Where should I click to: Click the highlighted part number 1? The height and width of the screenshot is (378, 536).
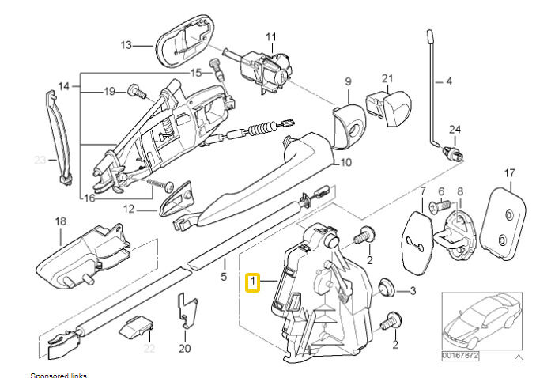click(x=253, y=281)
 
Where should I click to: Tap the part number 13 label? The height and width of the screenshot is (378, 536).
click(x=126, y=45)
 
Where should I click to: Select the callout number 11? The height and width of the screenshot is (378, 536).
click(x=271, y=37)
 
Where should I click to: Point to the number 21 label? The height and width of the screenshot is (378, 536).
click(x=387, y=78)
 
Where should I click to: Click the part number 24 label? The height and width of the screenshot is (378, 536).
click(x=454, y=129)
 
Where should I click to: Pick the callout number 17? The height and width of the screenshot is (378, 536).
click(x=509, y=172)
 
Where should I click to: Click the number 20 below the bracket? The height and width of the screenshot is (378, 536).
click(x=185, y=347)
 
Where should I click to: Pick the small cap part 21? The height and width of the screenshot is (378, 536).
click(x=388, y=104)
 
